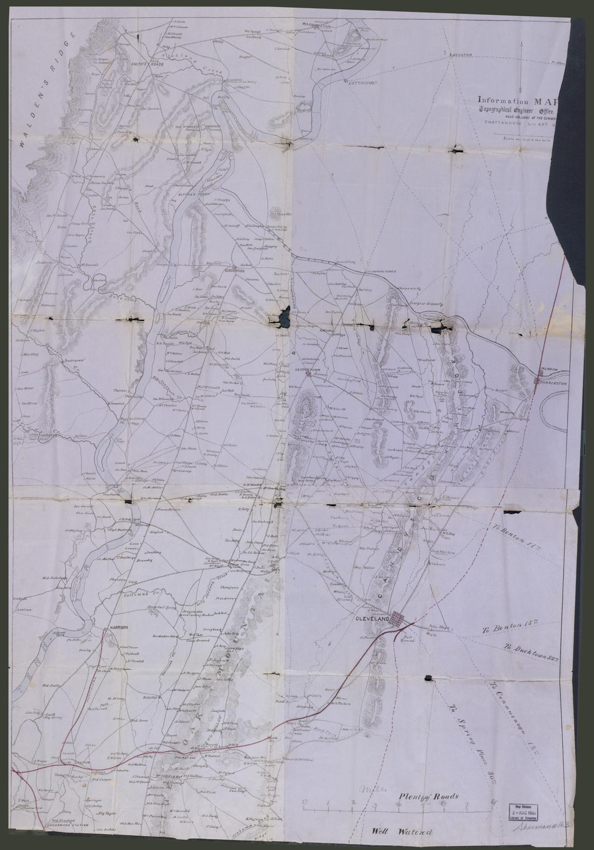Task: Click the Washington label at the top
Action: (316, 25)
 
